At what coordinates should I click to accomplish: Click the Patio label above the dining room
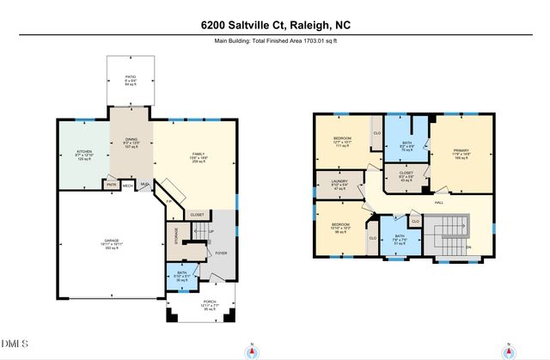pyautogui.click(x=131, y=80)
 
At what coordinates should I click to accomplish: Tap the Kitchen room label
pyautogui.click(x=84, y=155)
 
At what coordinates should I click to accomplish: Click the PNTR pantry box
pyautogui.click(x=111, y=184)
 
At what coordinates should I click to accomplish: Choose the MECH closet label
pyautogui.click(x=127, y=184)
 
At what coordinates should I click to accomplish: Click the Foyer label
pyautogui.click(x=222, y=253)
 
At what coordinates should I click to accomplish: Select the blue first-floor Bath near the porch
pyautogui.click(x=181, y=277)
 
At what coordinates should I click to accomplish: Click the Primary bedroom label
pyautogui.click(x=461, y=154)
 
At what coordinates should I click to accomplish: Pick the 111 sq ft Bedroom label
pyautogui.click(x=344, y=143)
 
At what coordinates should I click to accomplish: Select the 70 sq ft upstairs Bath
pyautogui.click(x=406, y=146)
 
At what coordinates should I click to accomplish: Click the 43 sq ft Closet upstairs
pyautogui.click(x=406, y=180)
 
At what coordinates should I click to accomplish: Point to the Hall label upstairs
pyautogui.click(x=439, y=202)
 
